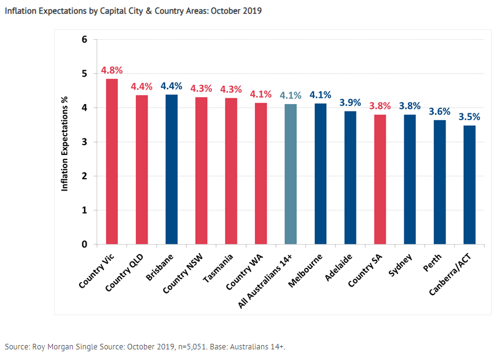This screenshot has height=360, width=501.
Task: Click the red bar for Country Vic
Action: pyautogui.click(x=112, y=161)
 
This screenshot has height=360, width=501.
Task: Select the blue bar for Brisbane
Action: pyautogui.click(x=171, y=169)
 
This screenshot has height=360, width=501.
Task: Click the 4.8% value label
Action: pyautogui.click(x=112, y=70)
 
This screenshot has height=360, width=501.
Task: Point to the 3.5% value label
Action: pyautogui.click(x=469, y=116)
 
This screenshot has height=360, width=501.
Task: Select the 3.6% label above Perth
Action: pyautogui.click(x=439, y=111)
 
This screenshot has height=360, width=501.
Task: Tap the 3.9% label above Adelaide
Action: pyautogui.click(x=350, y=102)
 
